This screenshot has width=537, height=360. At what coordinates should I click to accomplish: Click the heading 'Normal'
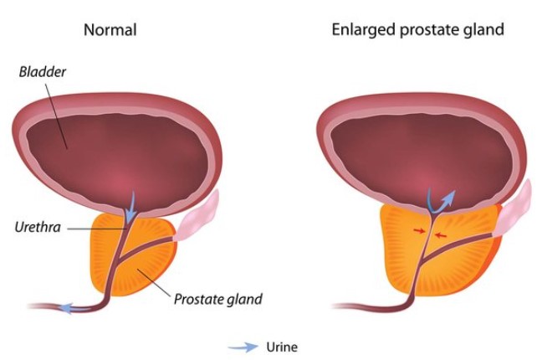[110, 30]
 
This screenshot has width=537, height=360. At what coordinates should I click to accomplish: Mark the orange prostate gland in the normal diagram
[155, 251]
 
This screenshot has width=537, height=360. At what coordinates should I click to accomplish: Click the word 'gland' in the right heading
[485, 30]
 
